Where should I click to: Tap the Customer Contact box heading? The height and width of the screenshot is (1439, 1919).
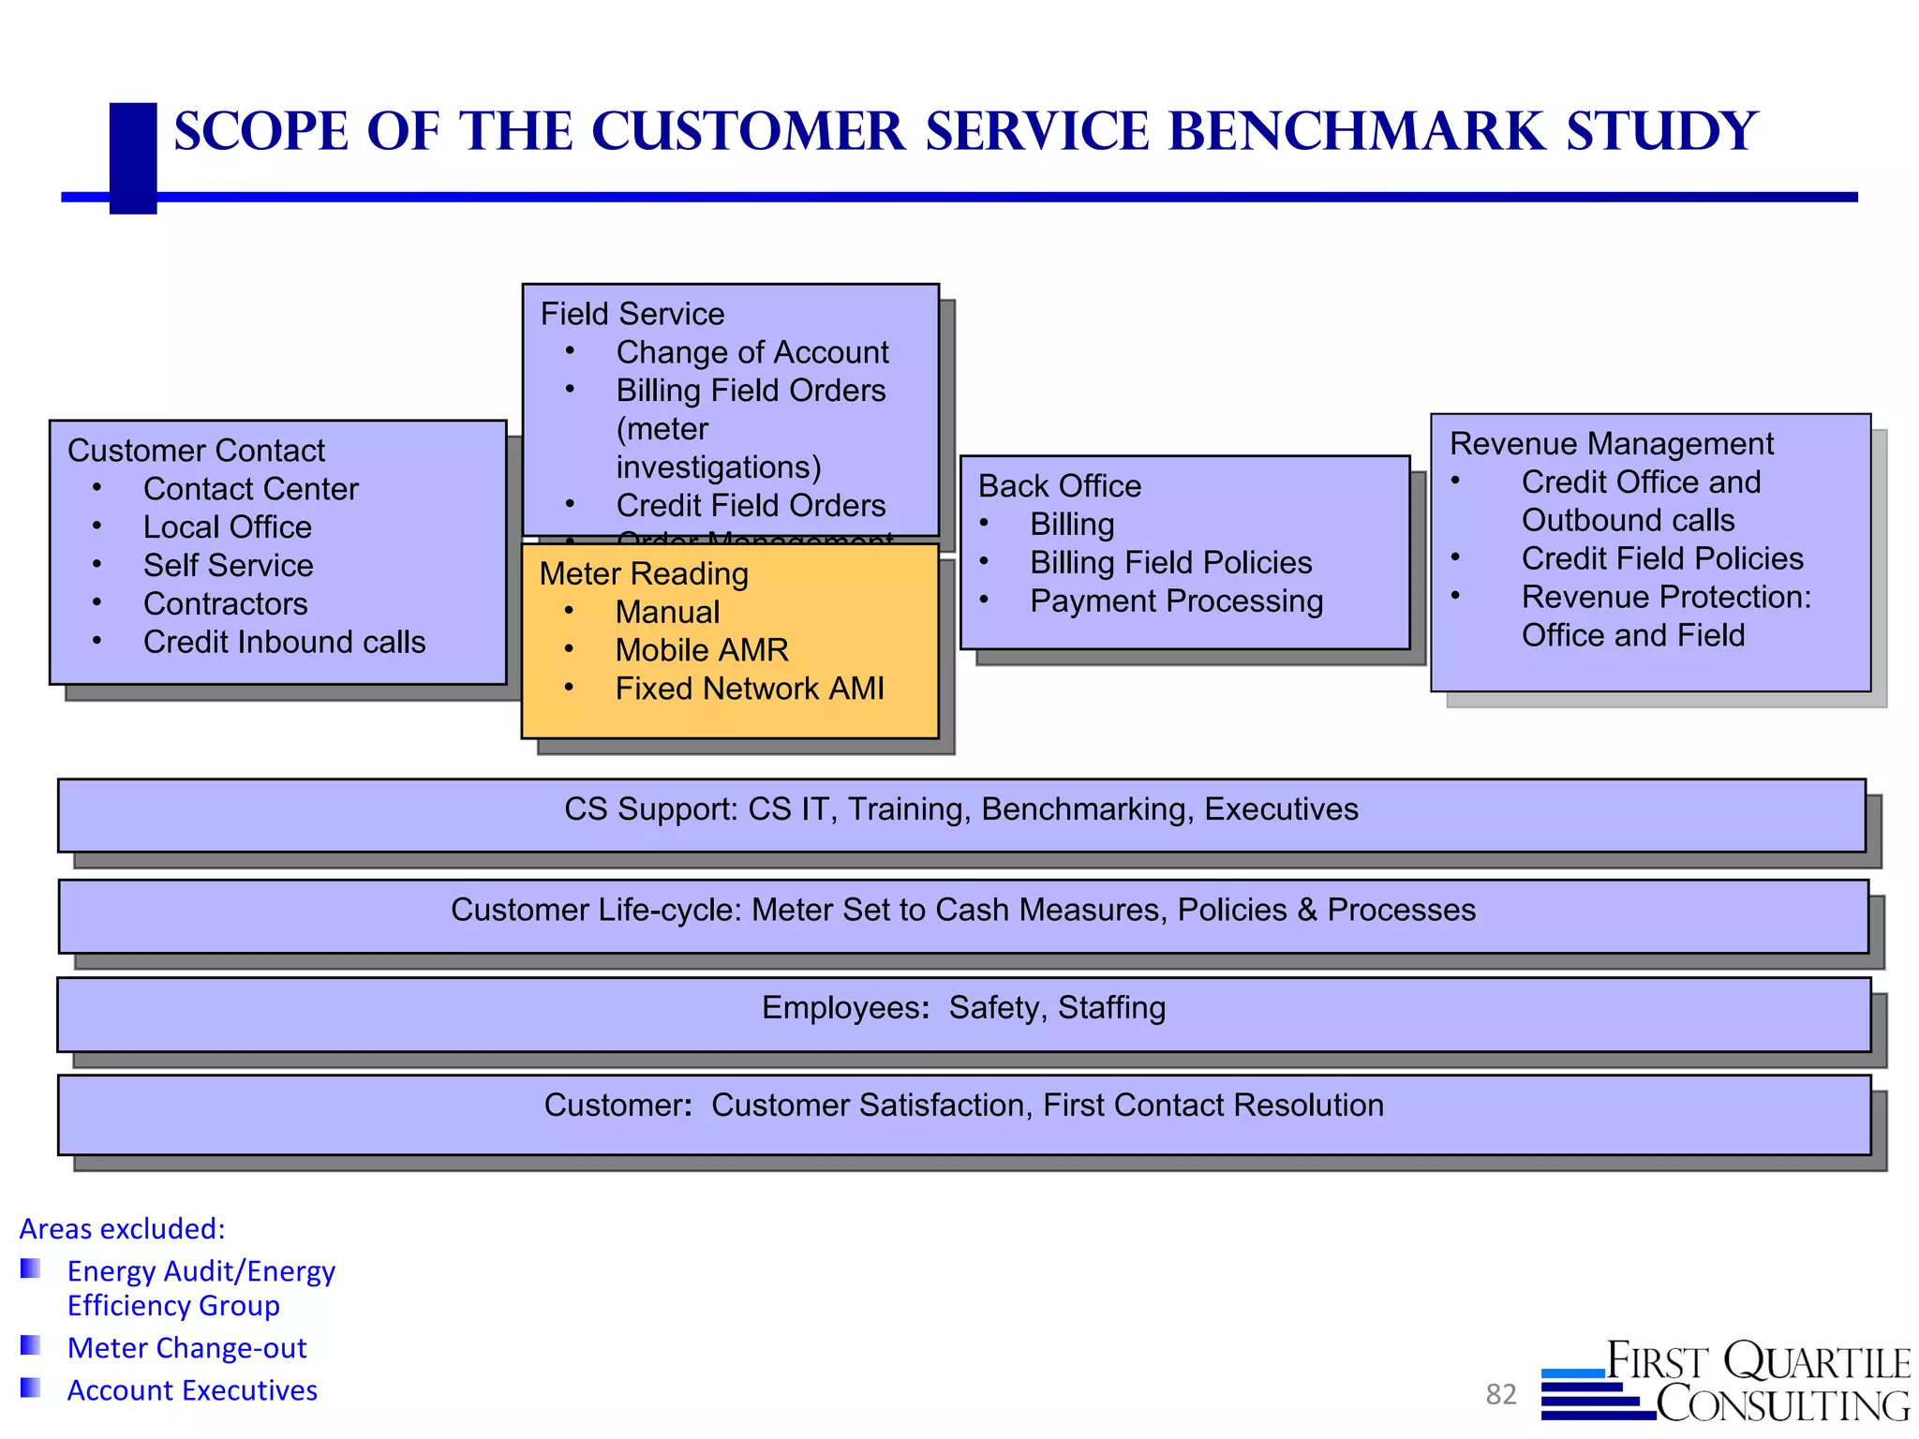tap(196, 451)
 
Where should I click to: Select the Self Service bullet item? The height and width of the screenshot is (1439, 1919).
tap(228, 566)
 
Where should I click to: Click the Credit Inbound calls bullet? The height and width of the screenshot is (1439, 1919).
tap(284, 643)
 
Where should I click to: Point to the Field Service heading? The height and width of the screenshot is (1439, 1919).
tap(632, 314)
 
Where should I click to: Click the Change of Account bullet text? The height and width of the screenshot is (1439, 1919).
tap(751, 352)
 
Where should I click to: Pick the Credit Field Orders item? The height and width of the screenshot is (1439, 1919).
tap(750, 506)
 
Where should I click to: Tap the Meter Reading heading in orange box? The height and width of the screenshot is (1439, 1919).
tap(644, 574)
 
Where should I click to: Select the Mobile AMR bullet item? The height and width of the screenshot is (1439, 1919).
tap(701, 650)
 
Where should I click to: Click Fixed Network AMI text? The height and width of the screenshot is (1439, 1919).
tap(749, 689)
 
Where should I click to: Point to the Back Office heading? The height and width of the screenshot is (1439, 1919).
tap(1059, 486)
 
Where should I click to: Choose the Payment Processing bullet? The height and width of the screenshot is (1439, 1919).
tap(1176, 601)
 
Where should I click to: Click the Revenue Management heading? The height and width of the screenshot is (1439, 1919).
tap(1611, 444)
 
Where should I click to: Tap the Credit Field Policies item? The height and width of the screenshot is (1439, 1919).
tap(1661, 559)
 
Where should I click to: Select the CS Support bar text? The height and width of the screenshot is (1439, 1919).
tap(960, 809)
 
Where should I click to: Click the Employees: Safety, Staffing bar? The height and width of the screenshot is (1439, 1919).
tap(963, 1008)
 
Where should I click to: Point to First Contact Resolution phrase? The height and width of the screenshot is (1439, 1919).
tap(1212, 1105)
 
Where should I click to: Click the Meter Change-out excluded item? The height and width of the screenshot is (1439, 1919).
tap(186, 1348)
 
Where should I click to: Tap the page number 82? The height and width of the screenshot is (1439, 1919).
tap(1500, 1394)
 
